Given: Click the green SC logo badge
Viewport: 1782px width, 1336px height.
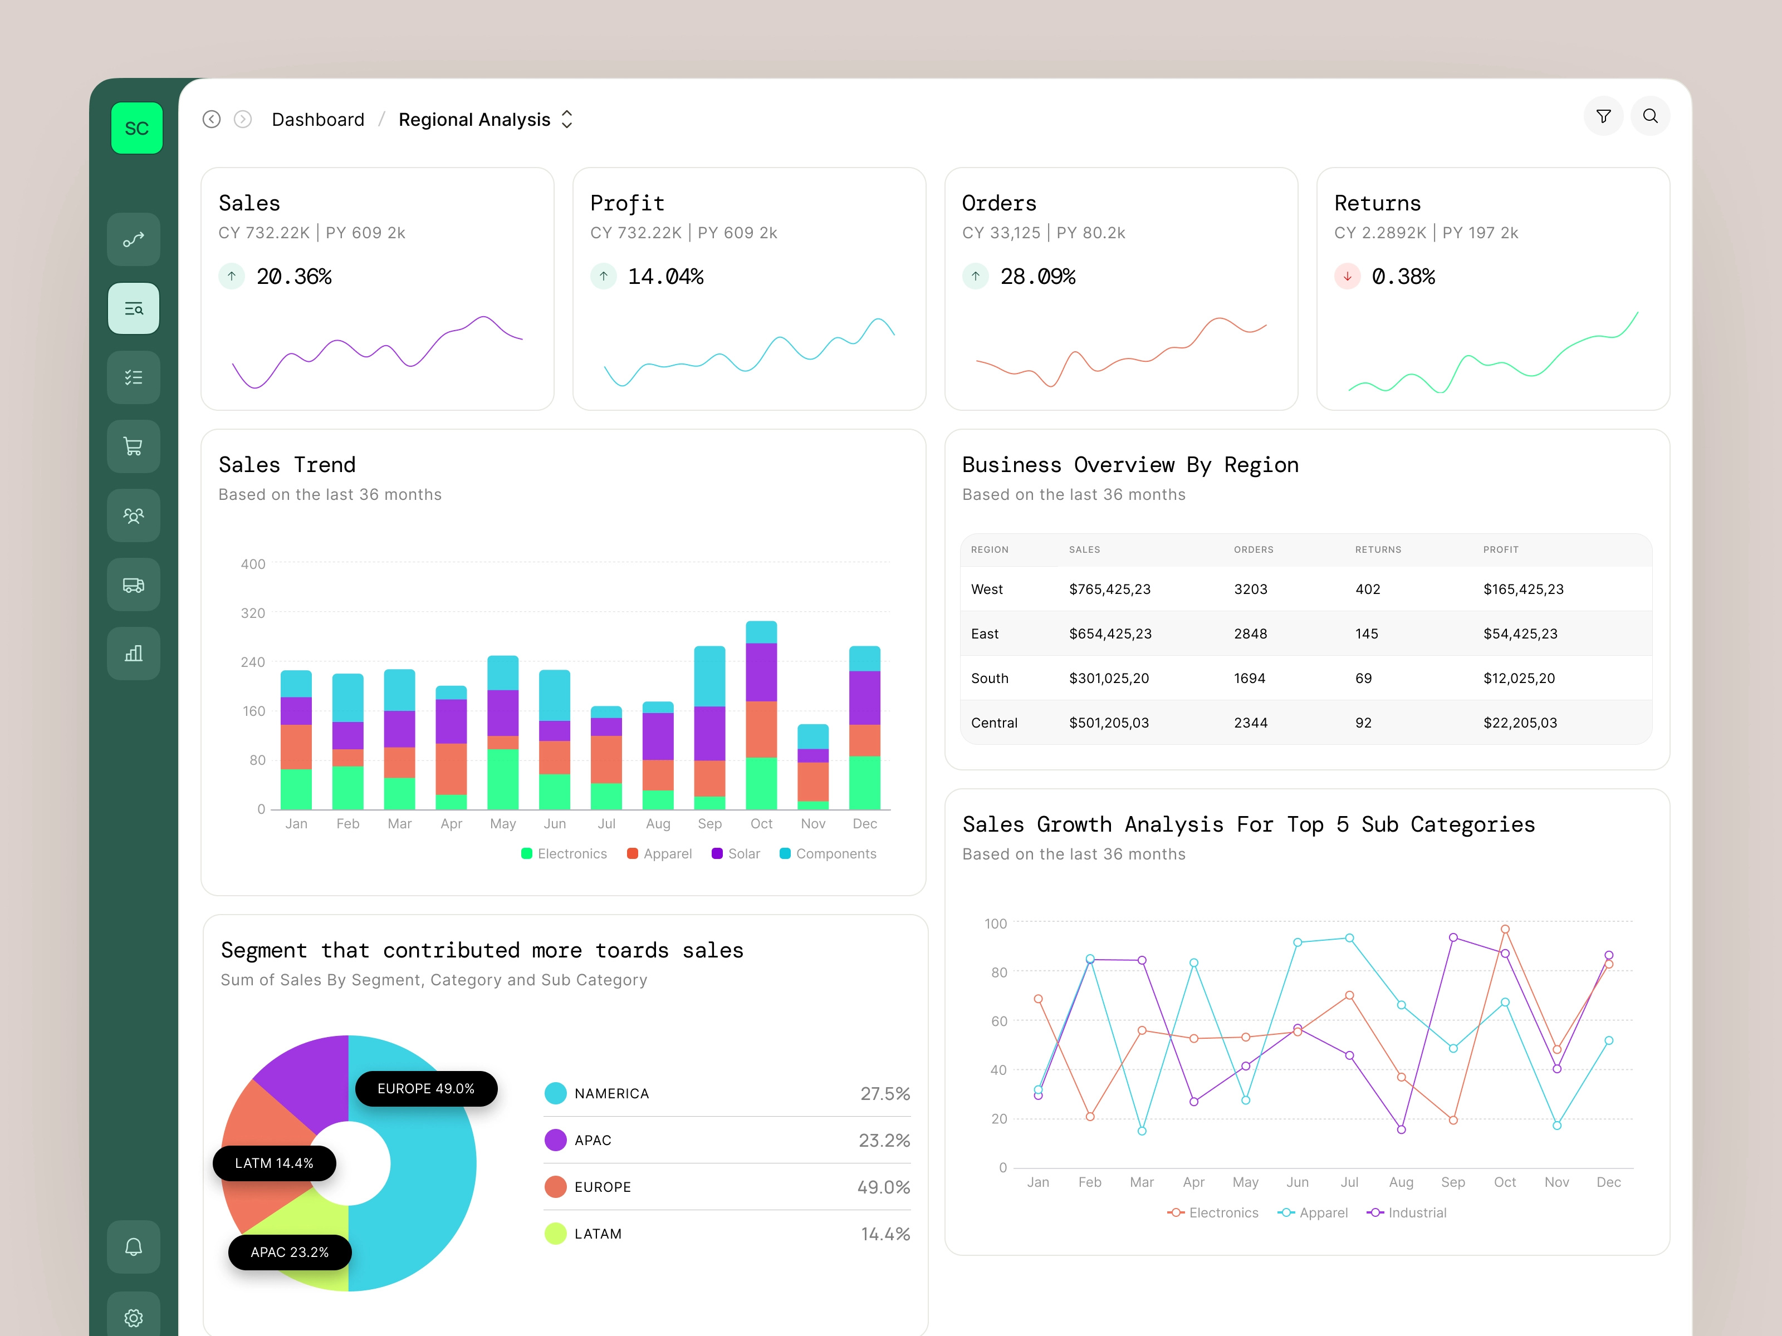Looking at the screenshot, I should [x=136, y=128].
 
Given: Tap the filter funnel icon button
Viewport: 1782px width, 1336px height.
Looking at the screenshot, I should [x=1603, y=117].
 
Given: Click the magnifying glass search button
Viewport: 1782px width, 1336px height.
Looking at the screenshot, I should [x=1650, y=117].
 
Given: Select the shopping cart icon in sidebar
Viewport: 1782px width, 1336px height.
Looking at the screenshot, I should [x=134, y=446].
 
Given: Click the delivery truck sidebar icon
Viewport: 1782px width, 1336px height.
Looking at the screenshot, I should [x=134, y=584].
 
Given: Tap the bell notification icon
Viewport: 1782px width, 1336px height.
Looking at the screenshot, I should [x=134, y=1246].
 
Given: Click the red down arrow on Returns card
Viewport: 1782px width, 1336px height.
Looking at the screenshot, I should [x=1347, y=276].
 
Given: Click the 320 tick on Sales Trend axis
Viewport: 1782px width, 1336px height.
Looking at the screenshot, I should [x=253, y=613].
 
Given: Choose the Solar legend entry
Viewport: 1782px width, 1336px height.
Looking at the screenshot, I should [x=736, y=853].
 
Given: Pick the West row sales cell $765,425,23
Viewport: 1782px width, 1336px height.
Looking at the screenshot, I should [x=1109, y=590].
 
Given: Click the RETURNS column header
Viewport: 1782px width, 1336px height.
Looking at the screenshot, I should [x=1378, y=550].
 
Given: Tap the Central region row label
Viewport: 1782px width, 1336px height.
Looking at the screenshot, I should [x=994, y=723].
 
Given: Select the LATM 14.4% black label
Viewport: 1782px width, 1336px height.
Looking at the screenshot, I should [x=274, y=1163].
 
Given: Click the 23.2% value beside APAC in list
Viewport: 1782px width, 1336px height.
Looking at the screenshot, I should [x=884, y=1140].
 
